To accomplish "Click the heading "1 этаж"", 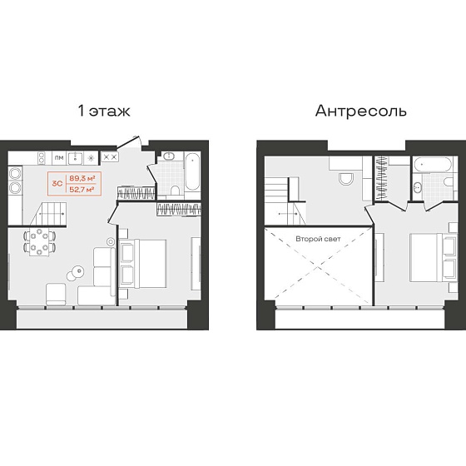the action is [x=104, y=111].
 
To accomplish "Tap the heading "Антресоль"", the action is [x=361, y=111].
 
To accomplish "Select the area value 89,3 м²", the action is [x=82, y=178].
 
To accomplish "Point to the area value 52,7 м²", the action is [x=82, y=190].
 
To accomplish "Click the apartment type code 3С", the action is [x=57, y=184].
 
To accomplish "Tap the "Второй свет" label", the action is [x=318, y=239].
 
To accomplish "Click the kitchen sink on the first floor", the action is [x=75, y=158].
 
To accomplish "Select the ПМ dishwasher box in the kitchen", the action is [x=59, y=158].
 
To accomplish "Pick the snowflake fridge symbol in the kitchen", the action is [x=92, y=158].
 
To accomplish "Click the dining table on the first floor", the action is [x=39, y=243].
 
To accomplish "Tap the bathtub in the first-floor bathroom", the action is [x=192, y=171].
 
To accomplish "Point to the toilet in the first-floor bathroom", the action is [x=175, y=191].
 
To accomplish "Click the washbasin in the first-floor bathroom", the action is [x=170, y=156].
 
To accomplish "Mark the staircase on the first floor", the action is [x=48, y=213].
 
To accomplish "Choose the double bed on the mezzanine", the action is [x=433, y=257].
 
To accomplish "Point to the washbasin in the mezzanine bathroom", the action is [x=417, y=187].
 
